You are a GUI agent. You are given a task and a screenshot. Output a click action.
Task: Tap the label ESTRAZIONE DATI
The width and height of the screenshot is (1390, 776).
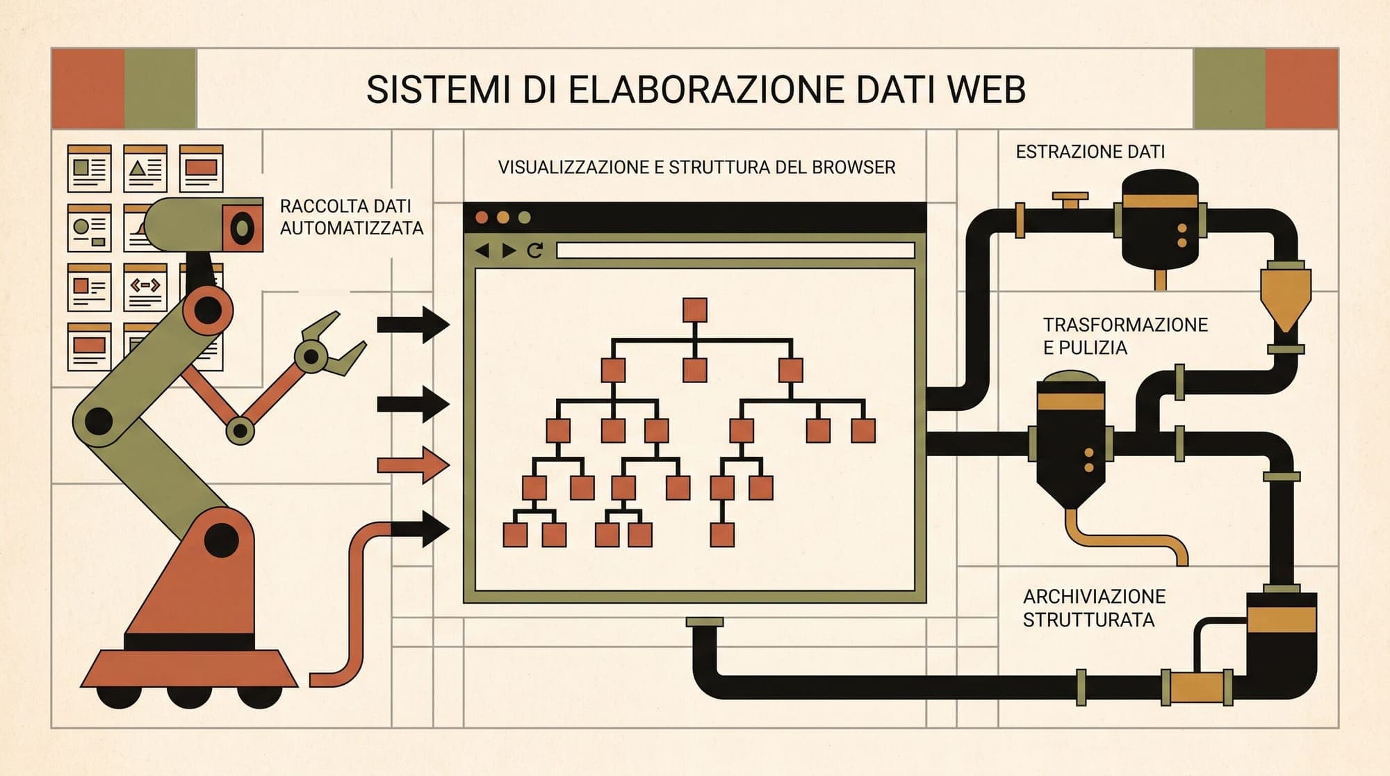pyautogui.click(x=1090, y=152)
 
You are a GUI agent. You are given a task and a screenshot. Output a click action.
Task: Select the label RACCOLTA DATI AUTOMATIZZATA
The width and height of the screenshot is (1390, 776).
pyautogui.click(x=351, y=217)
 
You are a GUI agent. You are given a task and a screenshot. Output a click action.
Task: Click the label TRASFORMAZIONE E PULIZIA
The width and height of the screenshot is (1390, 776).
pyautogui.click(x=1125, y=336)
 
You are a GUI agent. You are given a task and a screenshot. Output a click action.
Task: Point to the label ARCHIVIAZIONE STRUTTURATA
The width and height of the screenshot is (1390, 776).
pyautogui.click(x=1094, y=608)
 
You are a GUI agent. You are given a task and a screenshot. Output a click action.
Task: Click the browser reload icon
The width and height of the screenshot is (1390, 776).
pyautogui.click(x=534, y=250)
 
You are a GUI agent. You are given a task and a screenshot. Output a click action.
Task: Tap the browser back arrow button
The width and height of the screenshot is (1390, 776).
pyautogui.click(x=482, y=250)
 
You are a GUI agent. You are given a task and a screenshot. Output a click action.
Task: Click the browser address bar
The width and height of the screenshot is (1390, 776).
pyautogui.click(x=735, y=250)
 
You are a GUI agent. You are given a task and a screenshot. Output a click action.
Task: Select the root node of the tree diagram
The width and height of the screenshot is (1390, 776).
pyautogui.click(x=695, y=310)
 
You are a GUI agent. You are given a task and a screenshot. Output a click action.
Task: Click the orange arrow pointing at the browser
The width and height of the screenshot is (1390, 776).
pyautogui.click(x=413, y=465)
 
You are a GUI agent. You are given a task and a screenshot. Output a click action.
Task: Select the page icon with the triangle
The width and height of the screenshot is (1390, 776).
pyautogui.click(x=145, y=168)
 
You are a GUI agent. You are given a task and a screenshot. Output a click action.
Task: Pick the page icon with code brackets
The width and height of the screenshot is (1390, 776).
pyautogui.click(x=145, y=287)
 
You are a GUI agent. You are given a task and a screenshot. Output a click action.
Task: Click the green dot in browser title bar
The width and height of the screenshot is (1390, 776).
pyautogui.click(x=525, y=218)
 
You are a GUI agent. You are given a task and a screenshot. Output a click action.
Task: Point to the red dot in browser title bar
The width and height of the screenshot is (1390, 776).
pyautogui.click(x=481, y=218)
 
